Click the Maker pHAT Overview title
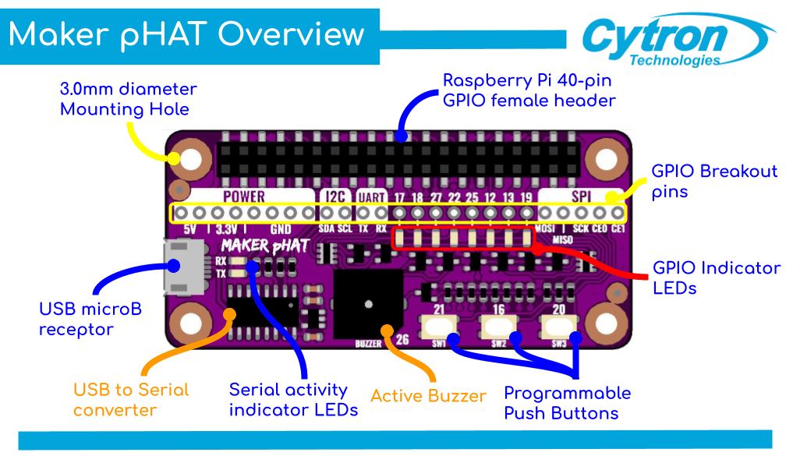pyautogui.click(x=187, y=35)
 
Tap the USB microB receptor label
pyautogui.click(x=90, y=319)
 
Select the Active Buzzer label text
pyautogui.click(x=428, y=396)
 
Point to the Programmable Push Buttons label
pyautogui.click(x=567, y=402)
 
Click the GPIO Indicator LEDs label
pyautogui.click(x=716, y=277)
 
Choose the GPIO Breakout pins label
pyautogui.click(x=714, y=181)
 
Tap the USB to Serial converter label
pyautogui.click(x=131, y=399)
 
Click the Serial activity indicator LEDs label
pyautogui.click(x=293, y=399)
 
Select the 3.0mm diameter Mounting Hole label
pyautogui.click(x=128, y=99)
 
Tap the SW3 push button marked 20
pyautogui.click(x=558, y=327)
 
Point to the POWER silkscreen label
pyautogui.click(x=243, y=196)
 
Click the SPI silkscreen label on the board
pyautogui.click(x=581, y=196)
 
